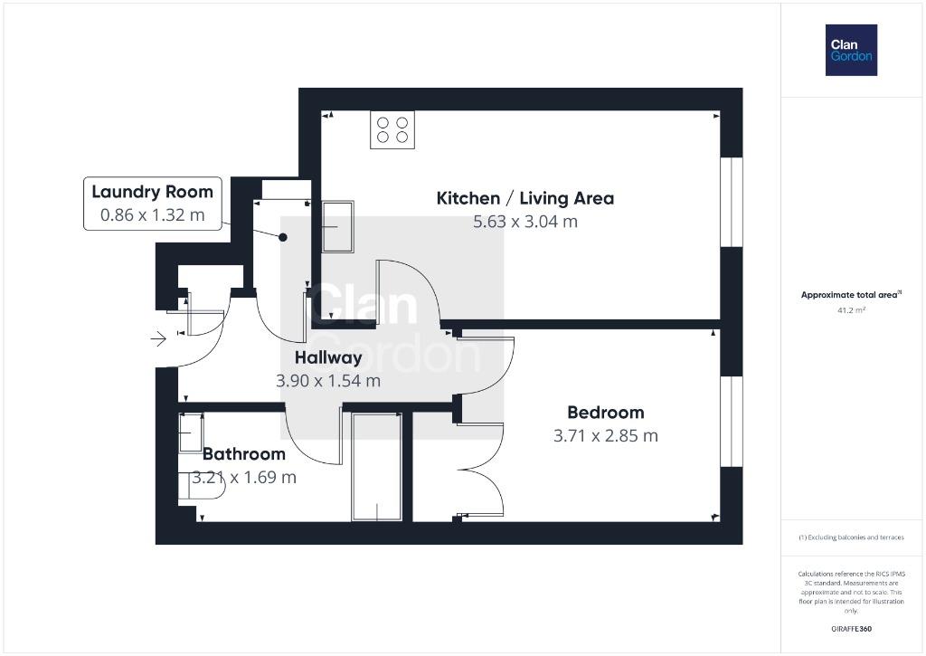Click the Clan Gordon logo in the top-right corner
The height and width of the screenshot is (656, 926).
pos(851,51)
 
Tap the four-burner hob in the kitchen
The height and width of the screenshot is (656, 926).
pos(392,129)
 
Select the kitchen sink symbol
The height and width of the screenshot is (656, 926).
pos(338,226)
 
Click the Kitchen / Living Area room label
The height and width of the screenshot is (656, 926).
pos(525,198)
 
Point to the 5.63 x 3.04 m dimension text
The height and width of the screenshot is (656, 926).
pos(525,222)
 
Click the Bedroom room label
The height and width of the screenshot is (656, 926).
pos(605,413)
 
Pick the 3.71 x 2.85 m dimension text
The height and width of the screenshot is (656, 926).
pos(605,436)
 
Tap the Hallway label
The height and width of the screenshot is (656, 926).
pos(328,358)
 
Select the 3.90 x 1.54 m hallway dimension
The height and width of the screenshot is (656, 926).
pos(328,381)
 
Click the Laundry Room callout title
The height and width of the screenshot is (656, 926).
pos(152,192)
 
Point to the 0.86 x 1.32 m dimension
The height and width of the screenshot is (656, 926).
pos(152,215)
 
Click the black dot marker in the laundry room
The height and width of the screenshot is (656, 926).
pos(283,238)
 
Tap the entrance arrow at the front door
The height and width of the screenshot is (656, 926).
pos(158,338)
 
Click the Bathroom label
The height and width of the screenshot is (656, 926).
pos(244,454)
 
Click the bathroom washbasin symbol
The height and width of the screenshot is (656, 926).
pos(191,433)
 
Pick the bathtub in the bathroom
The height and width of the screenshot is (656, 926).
pos(377,467)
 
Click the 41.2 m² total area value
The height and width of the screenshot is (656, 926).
pos(851,310)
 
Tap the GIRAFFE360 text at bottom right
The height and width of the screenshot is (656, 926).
pos(851,629)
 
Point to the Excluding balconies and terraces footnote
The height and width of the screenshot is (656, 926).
pos(851,537)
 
